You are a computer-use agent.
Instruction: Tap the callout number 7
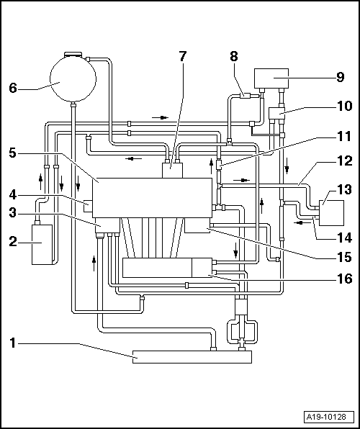[x=183, y=57]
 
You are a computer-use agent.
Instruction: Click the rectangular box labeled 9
[x=271, y=78]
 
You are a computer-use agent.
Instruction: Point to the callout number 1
[x=12, y=344]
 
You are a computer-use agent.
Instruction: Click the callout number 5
[x=12, y=153]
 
